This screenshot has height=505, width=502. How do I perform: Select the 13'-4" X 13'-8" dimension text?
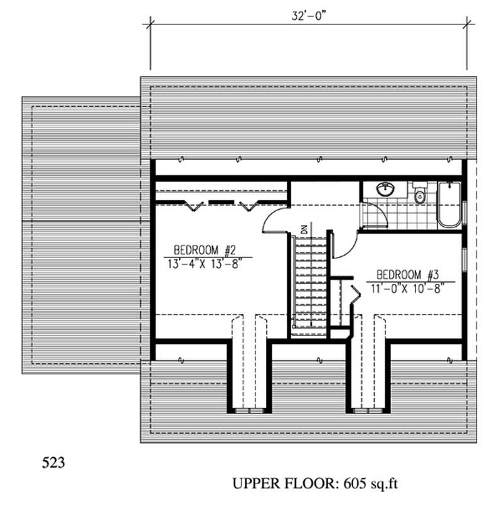[x=204, y=263]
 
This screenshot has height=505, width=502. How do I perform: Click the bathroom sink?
[x=383, y=189]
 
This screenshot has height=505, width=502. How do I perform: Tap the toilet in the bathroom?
[x=419, y=194]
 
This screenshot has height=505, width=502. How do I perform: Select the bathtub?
[x=449, y=204]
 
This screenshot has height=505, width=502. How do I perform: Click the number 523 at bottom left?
[x=53, y=464]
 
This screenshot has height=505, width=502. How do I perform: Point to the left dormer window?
[x=248, y=410]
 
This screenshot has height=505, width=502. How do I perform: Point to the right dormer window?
[x=368, y=410]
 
